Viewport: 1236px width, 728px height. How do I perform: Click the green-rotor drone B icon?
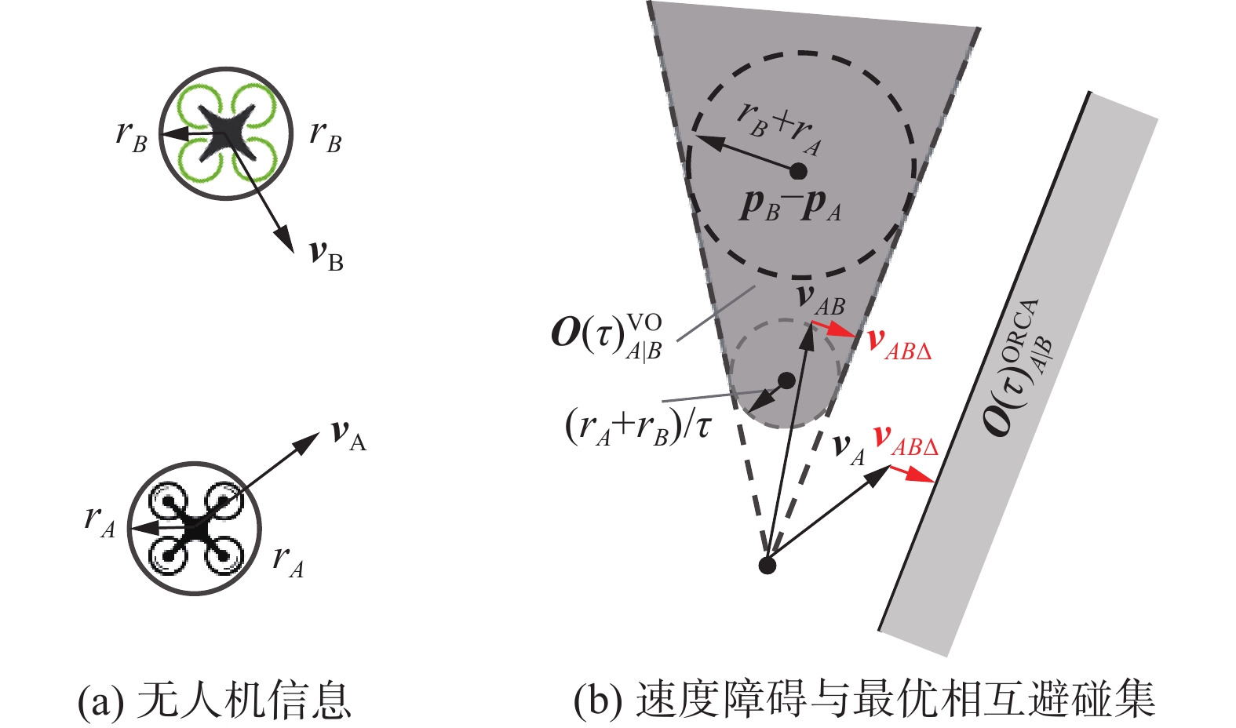point(226,133)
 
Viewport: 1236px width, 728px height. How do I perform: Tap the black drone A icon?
point(194,529)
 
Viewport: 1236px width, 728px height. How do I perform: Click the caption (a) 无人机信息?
point(213,701)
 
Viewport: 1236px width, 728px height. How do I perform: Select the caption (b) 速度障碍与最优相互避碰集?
point(864,701)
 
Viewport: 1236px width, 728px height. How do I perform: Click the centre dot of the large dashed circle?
point(798,170)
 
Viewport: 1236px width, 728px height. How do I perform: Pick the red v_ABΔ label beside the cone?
point(899,344)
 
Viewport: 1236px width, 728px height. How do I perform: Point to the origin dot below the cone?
point(767,565)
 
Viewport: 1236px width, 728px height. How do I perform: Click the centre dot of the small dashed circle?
point(786,380)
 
